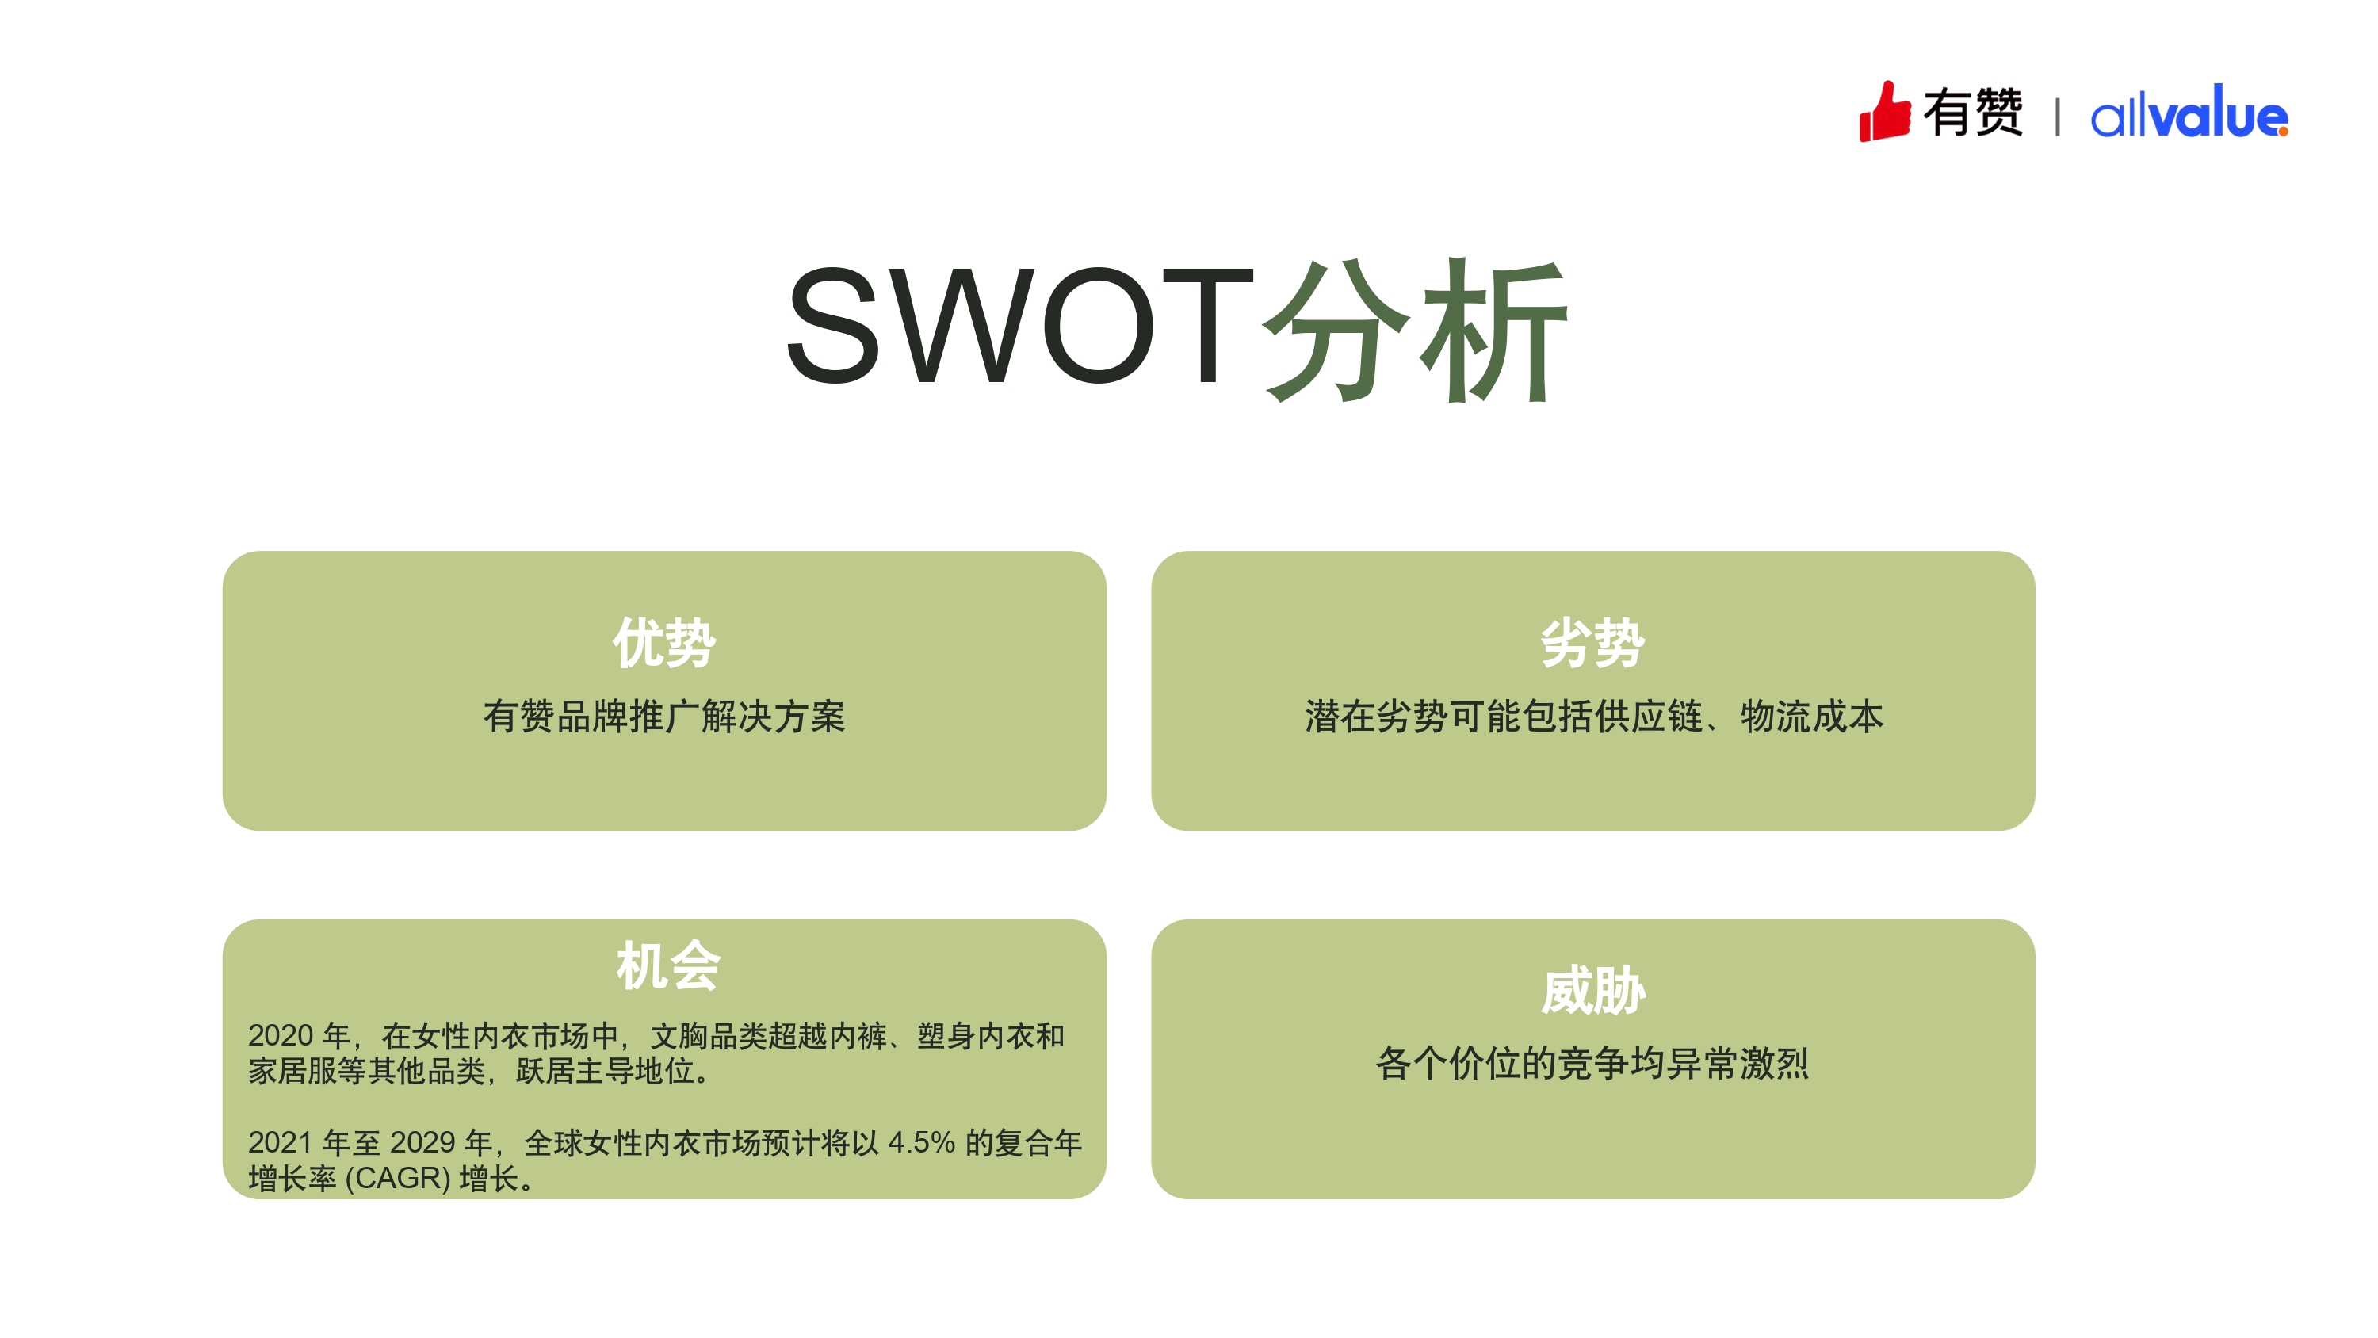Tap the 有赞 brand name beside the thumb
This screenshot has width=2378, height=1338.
(x=1973, y=112)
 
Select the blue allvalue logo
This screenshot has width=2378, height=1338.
(x=2189, y=112)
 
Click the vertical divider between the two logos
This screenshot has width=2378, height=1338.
(x=2057, y=117)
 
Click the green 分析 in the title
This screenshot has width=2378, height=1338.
(x=1414, y=329)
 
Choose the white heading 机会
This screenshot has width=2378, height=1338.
(x=667, y=966)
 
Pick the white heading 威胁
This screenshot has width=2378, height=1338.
(x=1592, y=990)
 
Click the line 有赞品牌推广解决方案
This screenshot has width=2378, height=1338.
(x=663, y=717)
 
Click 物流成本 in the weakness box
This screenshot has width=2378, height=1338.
(x=1811, y=717)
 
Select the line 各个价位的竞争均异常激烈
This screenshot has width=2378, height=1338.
(x=1592, y=1064)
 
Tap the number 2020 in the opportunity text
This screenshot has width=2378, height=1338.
(x=281, y=1036)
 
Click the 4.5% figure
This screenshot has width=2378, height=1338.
(x=921, y=1143)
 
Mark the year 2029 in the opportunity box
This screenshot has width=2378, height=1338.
(x=422, y=1143)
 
